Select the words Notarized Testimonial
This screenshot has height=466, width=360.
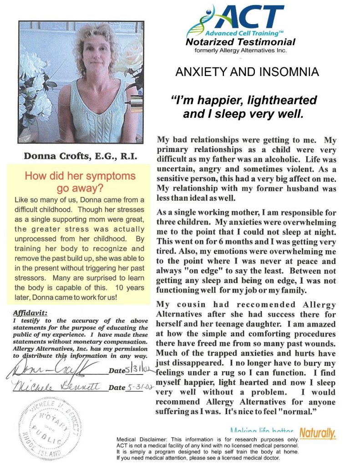click(x=240, y=42)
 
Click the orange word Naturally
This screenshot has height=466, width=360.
click(x=317, y=433)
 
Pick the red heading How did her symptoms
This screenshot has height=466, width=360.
click(x=80, y=176)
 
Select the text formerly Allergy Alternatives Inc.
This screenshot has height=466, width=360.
click(x=240, y=51)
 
